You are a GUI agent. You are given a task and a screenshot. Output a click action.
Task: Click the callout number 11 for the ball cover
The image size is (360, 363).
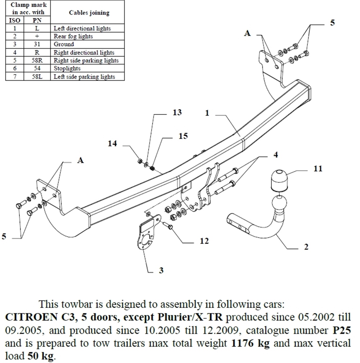point(318,169)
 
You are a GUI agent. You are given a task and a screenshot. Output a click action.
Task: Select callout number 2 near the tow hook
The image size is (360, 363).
point(306,247)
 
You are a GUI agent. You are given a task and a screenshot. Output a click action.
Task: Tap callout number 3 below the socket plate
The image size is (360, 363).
point(161,270)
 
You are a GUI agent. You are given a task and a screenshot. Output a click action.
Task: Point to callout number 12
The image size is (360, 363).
point(204,241)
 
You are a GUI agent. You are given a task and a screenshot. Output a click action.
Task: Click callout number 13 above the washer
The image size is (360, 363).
point(177,113)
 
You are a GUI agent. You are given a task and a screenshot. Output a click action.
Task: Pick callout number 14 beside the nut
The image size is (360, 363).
point(113,144)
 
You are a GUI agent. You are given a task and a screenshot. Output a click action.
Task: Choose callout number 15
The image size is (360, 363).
point(183,136)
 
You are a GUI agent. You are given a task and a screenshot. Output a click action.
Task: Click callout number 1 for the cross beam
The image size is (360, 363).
point(207,113)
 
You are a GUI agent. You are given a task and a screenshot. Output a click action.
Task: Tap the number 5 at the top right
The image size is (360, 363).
point(332,22)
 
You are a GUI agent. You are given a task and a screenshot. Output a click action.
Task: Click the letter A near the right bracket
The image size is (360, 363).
point(247,33)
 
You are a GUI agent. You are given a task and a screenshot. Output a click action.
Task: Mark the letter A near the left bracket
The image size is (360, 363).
point(80,160)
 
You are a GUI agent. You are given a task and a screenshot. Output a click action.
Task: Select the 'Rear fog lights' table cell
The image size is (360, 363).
point(73,36)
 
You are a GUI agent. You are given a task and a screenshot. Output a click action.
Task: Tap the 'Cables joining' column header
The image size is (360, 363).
point(89,13)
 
